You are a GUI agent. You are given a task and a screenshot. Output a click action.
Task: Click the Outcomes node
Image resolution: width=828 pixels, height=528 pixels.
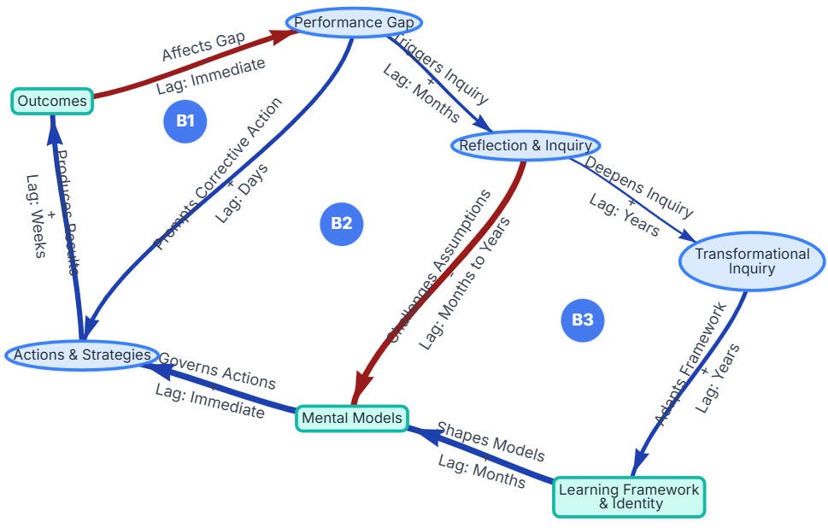[52, 102]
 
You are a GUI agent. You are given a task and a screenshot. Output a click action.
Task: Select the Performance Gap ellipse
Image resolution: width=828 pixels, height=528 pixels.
[355, 23]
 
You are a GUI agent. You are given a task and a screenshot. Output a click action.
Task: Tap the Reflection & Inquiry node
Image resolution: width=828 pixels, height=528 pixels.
[525, 145]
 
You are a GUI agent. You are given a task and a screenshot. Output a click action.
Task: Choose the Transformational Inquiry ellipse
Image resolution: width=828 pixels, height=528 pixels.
[752, 261]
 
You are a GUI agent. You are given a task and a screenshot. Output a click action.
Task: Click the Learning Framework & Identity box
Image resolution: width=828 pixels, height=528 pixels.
[629, 496]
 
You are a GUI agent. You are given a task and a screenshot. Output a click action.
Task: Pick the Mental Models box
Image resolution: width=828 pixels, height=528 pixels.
[351, 419]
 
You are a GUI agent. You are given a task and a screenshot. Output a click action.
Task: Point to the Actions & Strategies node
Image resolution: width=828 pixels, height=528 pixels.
[82, 355]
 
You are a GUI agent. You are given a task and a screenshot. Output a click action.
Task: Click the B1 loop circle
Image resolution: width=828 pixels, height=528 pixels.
[185, 120]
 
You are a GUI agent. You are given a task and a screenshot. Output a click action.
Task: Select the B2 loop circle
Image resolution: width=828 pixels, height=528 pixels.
[341, 224]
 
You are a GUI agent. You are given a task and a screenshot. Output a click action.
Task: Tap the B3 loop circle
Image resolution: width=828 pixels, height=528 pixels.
[583, 320]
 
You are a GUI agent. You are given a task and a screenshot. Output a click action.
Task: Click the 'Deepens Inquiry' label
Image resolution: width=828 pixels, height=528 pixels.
[639, 186]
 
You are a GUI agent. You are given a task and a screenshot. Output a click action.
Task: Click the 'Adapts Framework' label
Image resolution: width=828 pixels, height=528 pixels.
[690, 364]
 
